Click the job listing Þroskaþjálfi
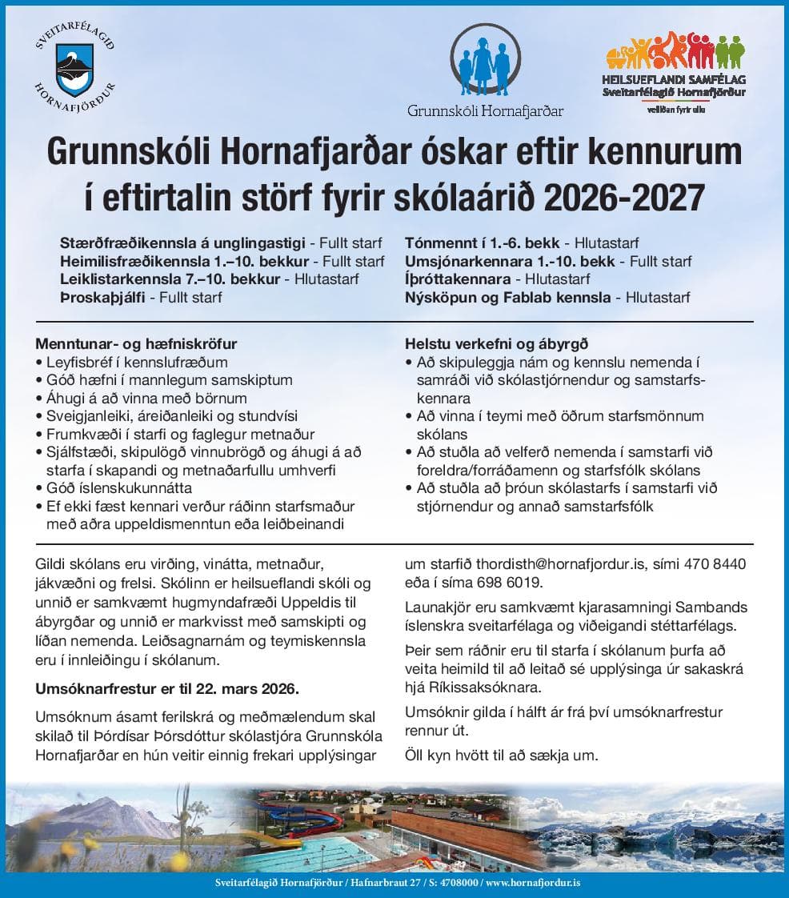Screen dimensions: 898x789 [108, 298]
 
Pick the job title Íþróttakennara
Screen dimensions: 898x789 [458, 279]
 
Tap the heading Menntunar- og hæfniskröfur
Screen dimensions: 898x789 [136, 344]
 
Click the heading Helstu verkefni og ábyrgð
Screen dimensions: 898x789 [497, 344]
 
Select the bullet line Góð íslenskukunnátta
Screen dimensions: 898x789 [119, 488]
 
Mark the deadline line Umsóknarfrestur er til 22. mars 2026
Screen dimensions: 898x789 [166, 688]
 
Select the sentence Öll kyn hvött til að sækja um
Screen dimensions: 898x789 [501, 755]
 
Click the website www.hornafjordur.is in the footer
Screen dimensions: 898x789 [533, 883]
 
